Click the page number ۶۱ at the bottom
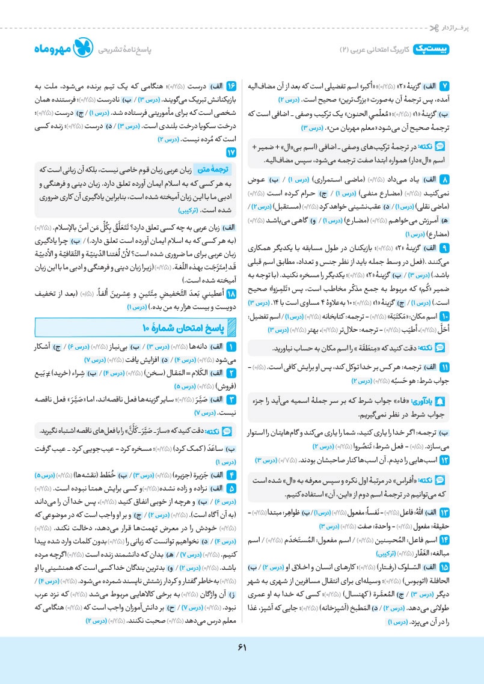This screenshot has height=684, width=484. [242, 647]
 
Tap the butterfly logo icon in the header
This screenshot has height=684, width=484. [80, 49]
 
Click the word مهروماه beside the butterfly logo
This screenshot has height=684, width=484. [47, 50]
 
